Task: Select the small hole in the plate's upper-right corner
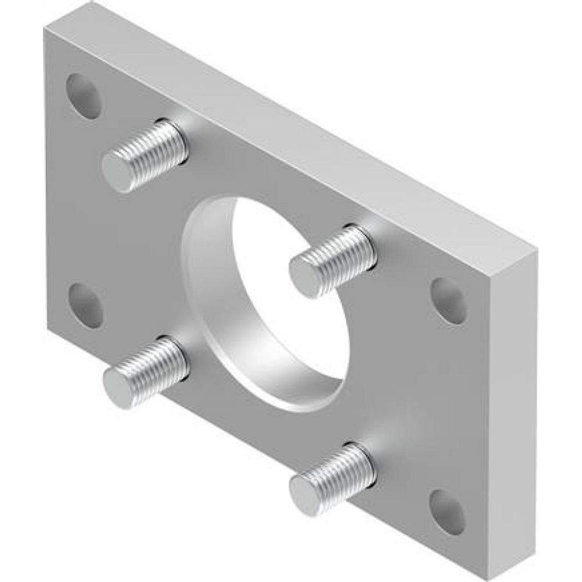click(449, 301)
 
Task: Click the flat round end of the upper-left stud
click(119, 172)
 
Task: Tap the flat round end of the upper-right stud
click(306, 277)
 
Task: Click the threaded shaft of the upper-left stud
click(157, 151)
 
